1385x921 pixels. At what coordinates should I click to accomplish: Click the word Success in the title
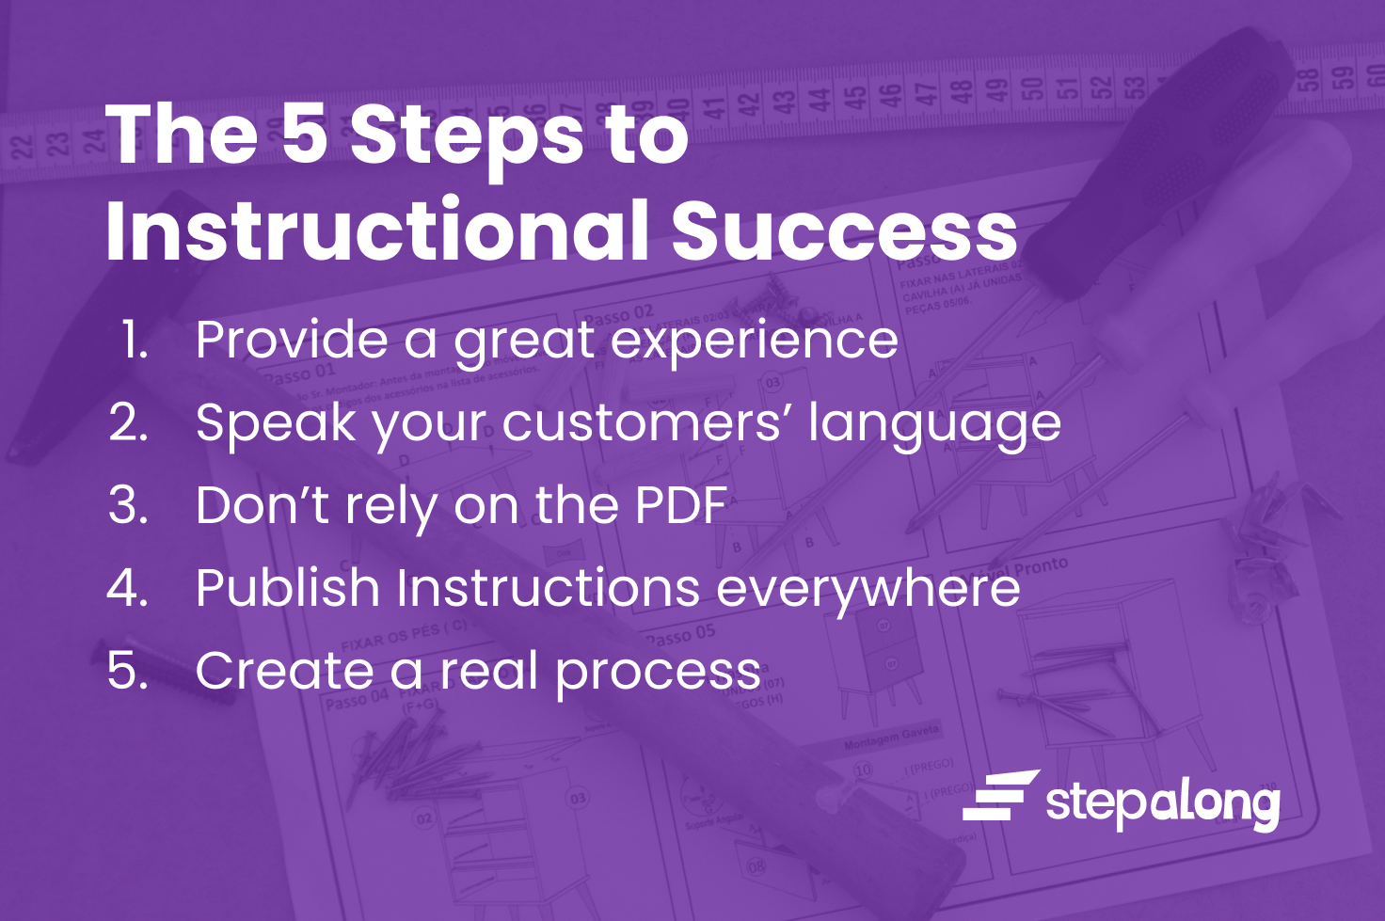click(x=844, y=230)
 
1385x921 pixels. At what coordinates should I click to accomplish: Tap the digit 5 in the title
click(x=303, y=133)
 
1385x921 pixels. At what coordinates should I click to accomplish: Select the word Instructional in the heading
click(x=376, y=230)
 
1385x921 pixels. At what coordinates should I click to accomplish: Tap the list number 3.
click(x=128, y=505)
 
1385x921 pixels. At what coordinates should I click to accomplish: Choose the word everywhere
click(x=868, y=590)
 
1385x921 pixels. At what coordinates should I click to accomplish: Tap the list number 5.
click(x=128, y=671)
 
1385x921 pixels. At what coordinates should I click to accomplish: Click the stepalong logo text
click(x=1162, y=802)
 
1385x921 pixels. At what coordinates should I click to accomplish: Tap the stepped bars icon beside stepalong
click(x=999, y=796)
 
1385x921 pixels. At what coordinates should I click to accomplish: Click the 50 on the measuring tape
click(x=1032, y=89)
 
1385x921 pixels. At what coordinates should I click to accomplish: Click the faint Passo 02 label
click(x=618, y=314)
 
